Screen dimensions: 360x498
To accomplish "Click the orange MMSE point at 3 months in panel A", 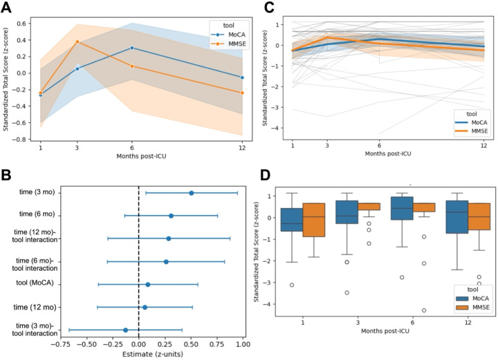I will coord(77,41).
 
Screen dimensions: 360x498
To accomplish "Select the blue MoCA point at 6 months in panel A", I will coord(132,48).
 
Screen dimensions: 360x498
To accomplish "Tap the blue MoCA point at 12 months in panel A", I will coord(241,77).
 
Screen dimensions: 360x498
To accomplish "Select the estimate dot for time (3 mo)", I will coord(191,193).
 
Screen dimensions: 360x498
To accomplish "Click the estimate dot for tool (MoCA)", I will coord(147,284).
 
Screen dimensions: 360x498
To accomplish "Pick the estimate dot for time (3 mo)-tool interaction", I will coord(125,330).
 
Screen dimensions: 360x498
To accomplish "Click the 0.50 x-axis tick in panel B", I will coord(191,343).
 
